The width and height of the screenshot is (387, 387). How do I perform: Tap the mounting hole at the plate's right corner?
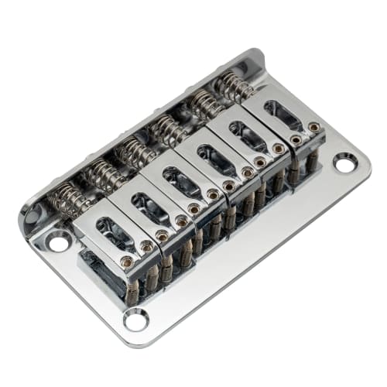pyautogui.click(x=345, y=163)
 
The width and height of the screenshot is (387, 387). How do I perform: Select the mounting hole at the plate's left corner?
pyautogui.click(x=59, y=242)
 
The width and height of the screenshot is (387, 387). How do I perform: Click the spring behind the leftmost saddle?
pyautogui.click(x=68, y=200)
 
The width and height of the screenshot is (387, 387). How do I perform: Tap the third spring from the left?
pyautogui.click(x=136, y=152)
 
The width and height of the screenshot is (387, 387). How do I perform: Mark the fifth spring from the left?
pyautogui.click(x=204, y=106)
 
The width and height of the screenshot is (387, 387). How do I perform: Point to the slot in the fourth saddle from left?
pyautogui.click(x=219, y=159)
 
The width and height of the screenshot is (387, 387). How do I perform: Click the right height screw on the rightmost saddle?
pyautogui.click(x=313, y=127)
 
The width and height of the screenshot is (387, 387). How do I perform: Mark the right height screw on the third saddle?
pyautogui.click(x=213, y=195)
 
